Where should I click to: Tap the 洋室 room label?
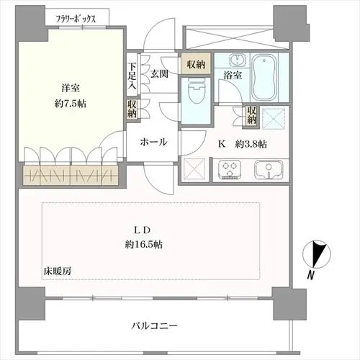[70, 88]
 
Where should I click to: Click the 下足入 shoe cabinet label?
[132, 76]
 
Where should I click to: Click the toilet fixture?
[193, 91]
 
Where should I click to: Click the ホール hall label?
[155, 142]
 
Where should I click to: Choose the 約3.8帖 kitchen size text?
[253, 144]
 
